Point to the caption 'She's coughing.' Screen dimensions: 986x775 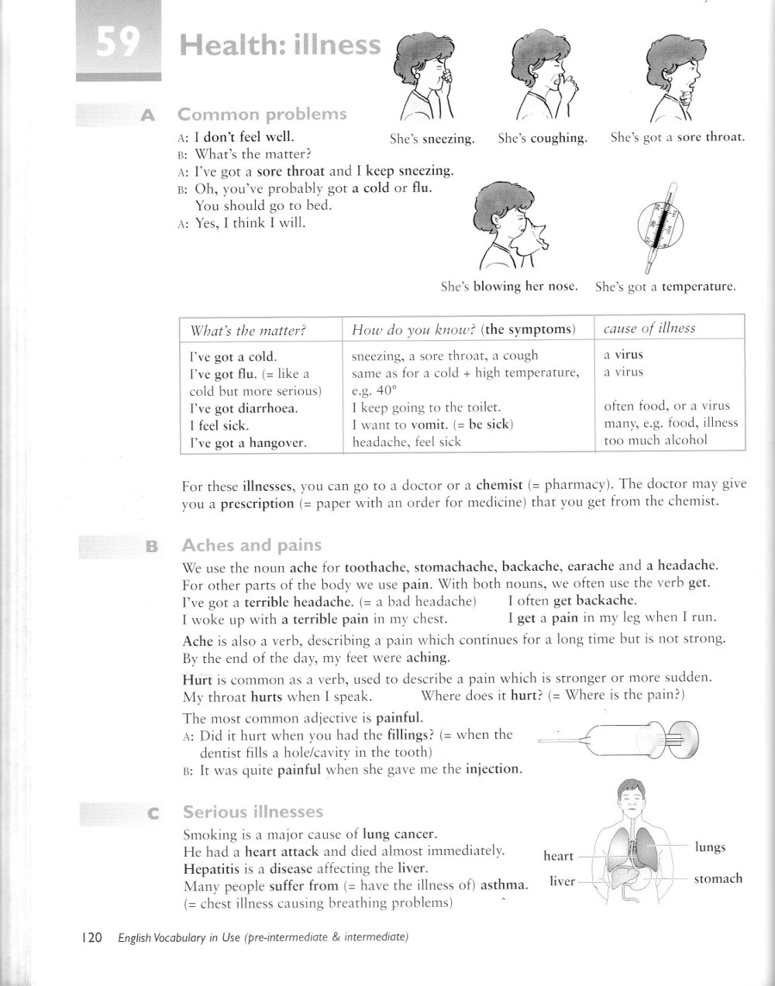click(x=542, y=139)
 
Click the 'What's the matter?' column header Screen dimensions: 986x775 click(x=248, y=331)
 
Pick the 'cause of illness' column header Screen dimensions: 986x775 click(x=649, y=328)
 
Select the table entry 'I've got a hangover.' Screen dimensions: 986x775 click(x=248, y=443)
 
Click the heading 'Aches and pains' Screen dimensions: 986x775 click(x=251, y=545)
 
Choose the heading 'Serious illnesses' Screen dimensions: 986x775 click(x=253, y=812)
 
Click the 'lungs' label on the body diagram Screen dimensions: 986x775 click(x=710, y=847)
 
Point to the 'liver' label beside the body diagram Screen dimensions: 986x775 click(x=562, y=881)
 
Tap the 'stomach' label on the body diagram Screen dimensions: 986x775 click(x=718, y=878)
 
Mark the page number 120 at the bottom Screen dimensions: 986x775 click(x=91, y=937)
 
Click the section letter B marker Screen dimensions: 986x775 click(x=151, y=547)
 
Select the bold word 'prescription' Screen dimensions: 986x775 click(x=257, y=503)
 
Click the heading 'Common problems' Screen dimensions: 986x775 click(x=262, y=115)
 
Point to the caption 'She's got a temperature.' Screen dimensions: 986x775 click(x=665, y=287)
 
